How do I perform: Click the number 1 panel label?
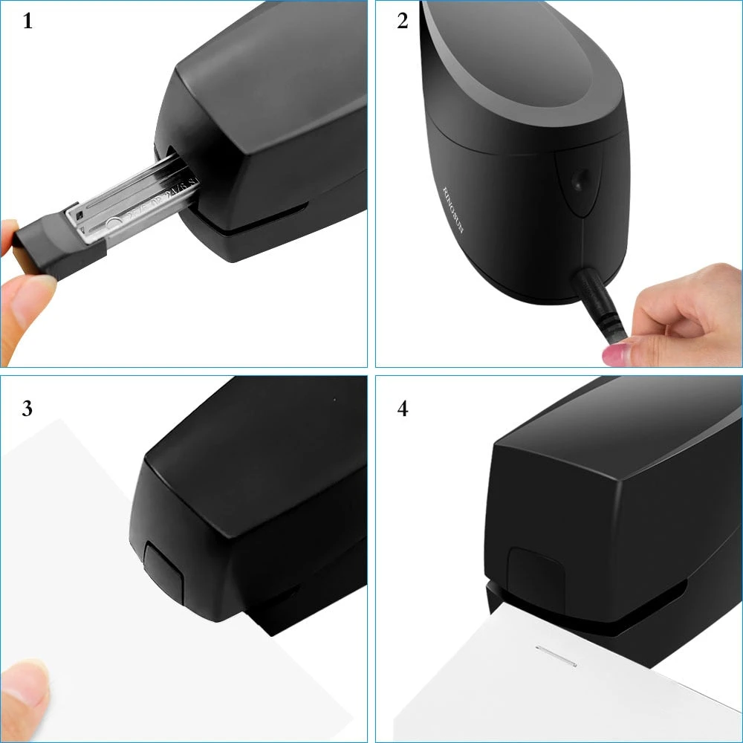[27, 21]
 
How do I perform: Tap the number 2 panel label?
[403, 21]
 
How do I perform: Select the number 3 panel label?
[27, 408]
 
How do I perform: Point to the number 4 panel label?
[403, 408]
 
